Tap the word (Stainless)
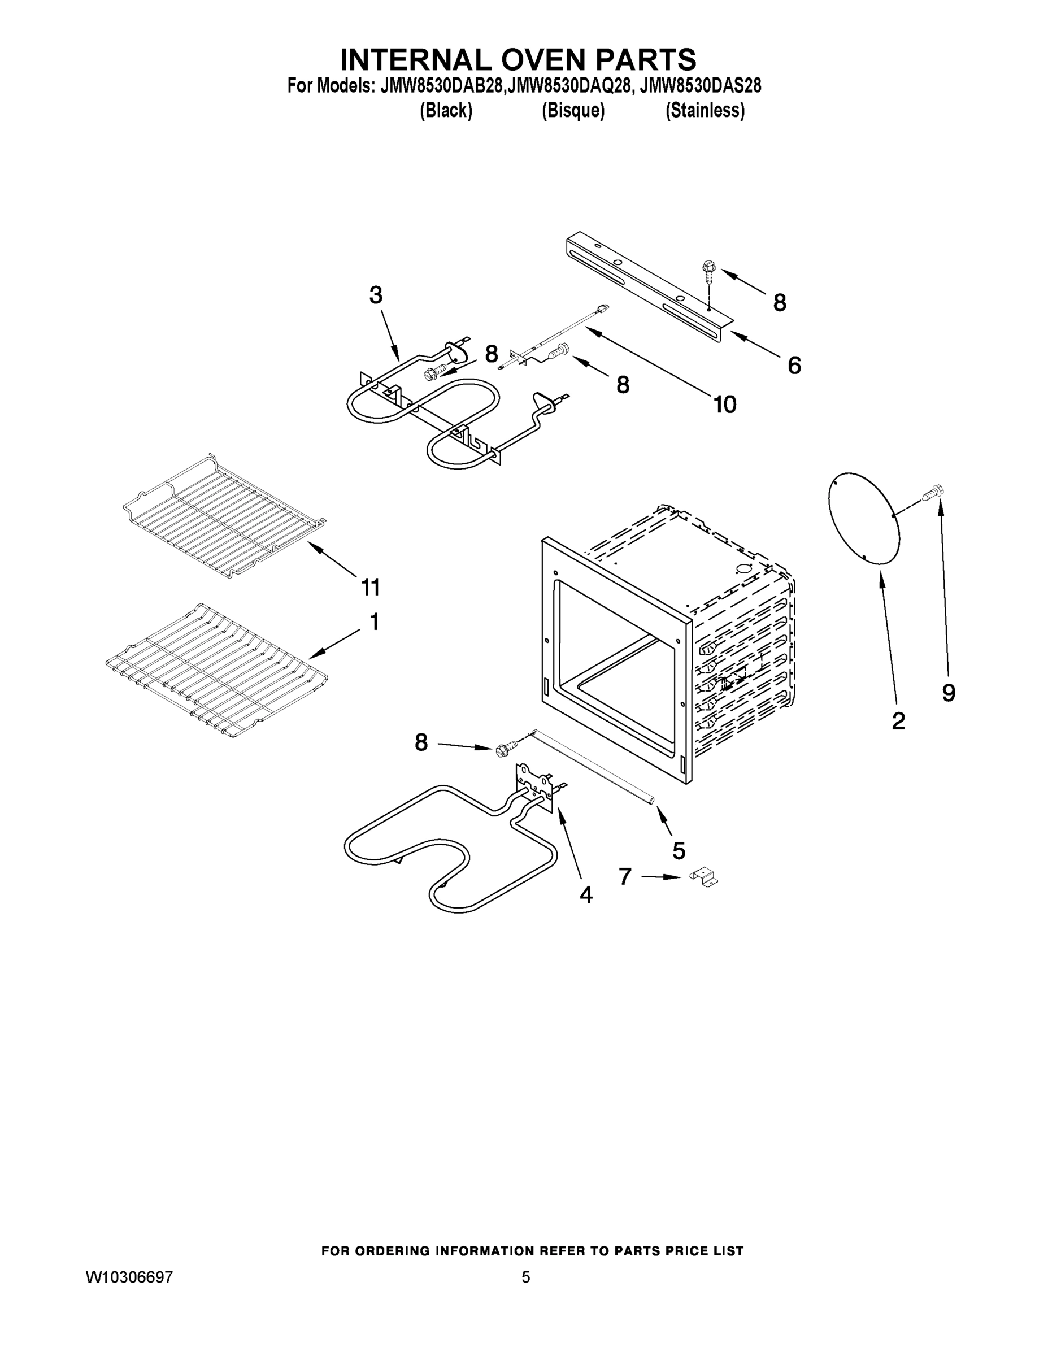705,111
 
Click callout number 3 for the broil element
376,295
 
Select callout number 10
724,404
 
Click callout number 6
794,365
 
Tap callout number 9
949,692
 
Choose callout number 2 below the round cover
898,721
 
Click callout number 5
679,850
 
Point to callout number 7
625,876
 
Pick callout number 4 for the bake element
585,895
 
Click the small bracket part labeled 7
704,877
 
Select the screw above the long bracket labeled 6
707,271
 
